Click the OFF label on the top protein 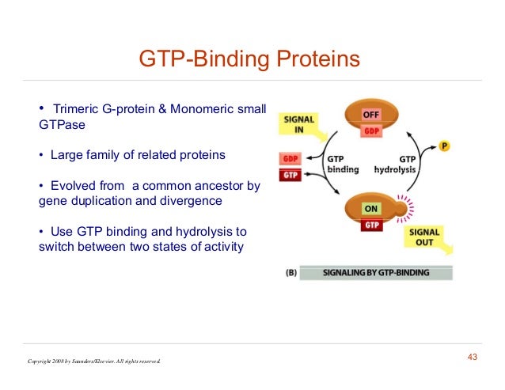coord(371,115)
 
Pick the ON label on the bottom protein coord(371,210)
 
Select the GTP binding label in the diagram coord(343,164)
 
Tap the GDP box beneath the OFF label coord(371,131)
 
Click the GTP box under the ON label coord(371,225)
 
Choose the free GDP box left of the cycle coord(290,159)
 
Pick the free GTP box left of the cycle coord(290,175)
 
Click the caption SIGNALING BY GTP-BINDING coord(376,273)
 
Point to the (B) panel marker coord(290,273)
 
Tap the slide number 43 coord(473,358)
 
